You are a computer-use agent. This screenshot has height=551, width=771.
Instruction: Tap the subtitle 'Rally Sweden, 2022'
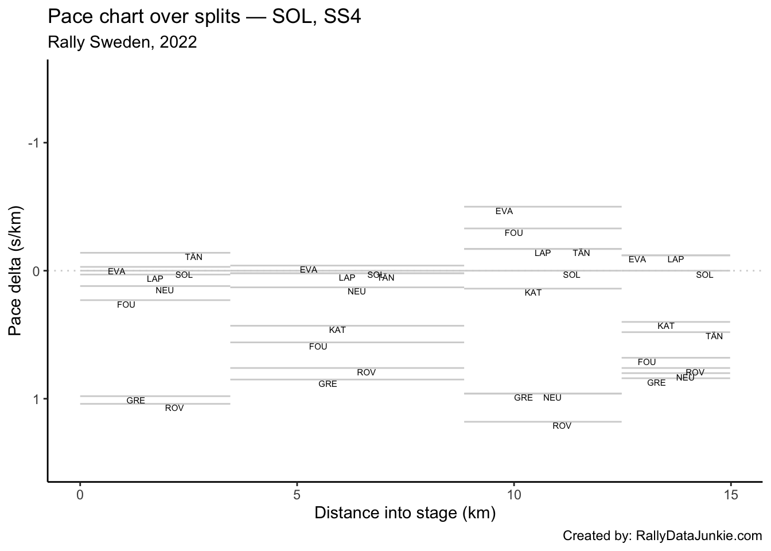point(122,42)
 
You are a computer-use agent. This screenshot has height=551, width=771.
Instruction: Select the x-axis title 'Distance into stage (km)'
point(405,513)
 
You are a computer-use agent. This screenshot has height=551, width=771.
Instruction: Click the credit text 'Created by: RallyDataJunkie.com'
point(662,536)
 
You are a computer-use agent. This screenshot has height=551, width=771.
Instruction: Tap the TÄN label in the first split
point(193,257)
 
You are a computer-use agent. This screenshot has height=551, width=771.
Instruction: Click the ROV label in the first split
point(174,408)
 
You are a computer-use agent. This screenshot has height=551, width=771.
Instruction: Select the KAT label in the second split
point(337,330)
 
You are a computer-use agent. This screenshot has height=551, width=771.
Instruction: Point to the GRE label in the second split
point(328,384)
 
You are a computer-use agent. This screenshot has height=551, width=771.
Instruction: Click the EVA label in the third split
point(504,211)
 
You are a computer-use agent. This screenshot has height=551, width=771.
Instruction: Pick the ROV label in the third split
point(562,426)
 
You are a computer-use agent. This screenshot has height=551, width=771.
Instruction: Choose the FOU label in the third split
point(514,233)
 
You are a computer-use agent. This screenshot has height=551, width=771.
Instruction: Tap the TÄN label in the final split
point(714,336)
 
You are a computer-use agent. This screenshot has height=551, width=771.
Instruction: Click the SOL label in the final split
point(704,275)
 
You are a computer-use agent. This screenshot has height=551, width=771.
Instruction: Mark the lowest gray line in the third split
point(543,422)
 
